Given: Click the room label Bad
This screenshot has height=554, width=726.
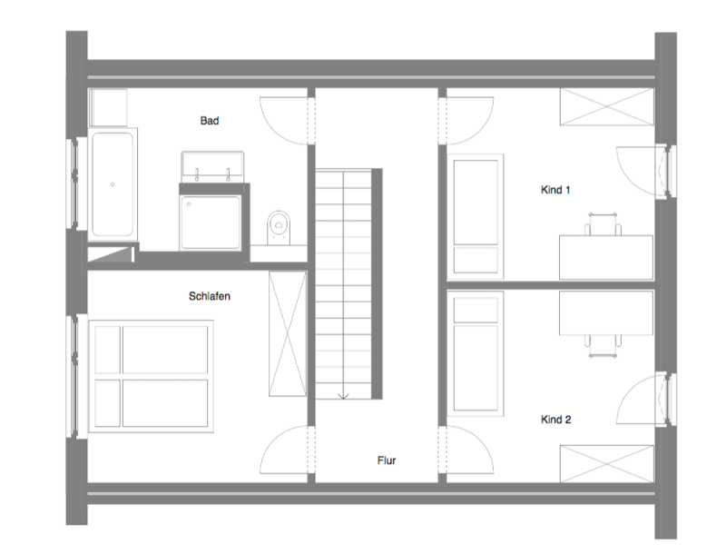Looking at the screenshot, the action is [210, 121].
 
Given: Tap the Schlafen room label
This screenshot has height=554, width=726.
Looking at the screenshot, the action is [210, 296].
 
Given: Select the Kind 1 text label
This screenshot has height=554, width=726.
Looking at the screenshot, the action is [555, 190].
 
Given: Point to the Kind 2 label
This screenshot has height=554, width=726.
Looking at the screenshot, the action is [555, 420].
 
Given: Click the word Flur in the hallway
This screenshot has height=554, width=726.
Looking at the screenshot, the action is [387, 460].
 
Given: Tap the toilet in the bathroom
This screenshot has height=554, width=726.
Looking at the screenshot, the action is [280, 228].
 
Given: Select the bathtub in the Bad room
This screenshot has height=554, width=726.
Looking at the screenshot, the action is [113, 183].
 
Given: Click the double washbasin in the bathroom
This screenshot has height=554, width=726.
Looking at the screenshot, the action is [212, 167].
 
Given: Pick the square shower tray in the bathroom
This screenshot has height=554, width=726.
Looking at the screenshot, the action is [211, 223].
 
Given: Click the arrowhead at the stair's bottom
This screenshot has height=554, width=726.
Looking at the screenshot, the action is [343, 396].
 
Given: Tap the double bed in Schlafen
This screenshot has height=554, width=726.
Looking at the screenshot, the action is [151, 376].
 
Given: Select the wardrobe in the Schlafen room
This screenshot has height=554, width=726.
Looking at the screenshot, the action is [288, 333].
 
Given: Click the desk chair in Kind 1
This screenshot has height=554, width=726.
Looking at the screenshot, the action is [603, 224].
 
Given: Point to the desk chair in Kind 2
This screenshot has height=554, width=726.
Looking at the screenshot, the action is [603, 345].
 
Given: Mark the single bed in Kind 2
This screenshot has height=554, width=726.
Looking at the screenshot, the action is [476, 354].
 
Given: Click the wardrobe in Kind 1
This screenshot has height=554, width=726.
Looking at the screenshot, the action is [606, 106].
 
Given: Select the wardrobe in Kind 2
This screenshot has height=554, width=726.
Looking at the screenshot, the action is [606, 464].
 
